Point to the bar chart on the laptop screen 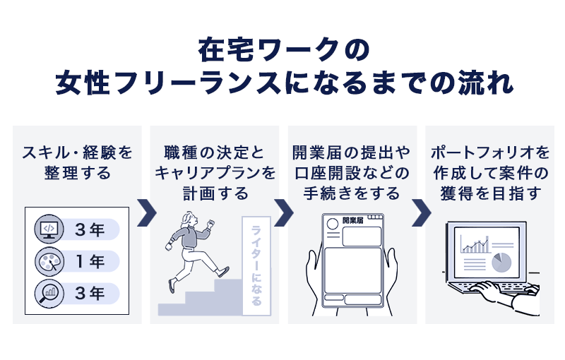475,244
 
